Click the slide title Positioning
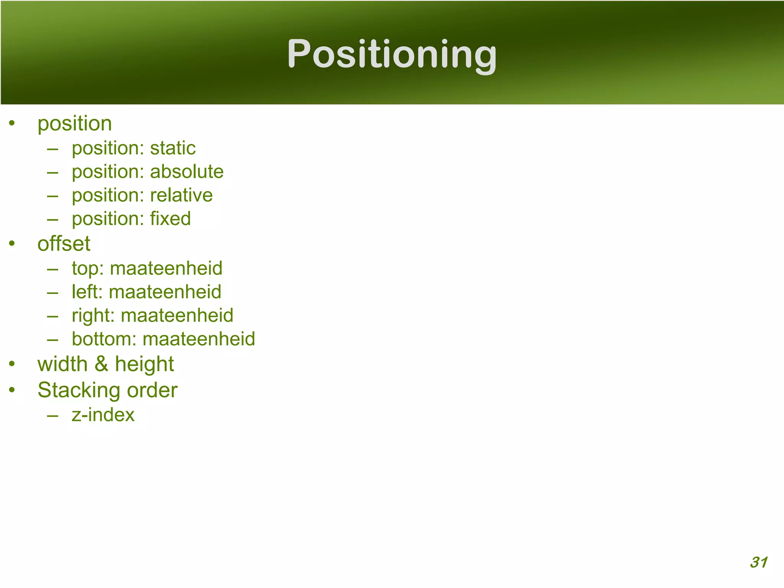pos(392,54)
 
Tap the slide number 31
pos(758,562)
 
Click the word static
pos(173,148)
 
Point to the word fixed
pos(170,219)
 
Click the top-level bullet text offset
pos(64,244)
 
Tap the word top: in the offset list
pos(88,268)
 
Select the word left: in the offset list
pos(87,292)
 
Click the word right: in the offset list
pos(93,316)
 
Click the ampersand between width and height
pos(101,364)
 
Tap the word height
pos(144,364)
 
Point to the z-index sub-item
pos(103,415)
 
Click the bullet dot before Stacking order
pos(12,390)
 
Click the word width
pos(62,364)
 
